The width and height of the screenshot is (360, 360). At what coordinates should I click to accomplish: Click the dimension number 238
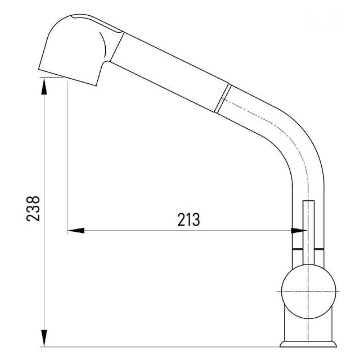pos(33,209)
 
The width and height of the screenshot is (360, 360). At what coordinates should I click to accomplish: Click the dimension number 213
pos(189,220)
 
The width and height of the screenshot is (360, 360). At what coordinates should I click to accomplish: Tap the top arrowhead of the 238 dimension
pos(44,86)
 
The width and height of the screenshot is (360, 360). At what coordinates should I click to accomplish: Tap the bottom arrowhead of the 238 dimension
pos(44,338)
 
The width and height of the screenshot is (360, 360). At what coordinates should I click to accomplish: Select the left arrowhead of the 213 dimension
pos(76,231)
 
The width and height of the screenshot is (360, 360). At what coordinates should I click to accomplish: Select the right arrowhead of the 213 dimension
pos(299,231)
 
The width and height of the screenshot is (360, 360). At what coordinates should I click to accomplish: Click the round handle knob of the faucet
pos(309,291)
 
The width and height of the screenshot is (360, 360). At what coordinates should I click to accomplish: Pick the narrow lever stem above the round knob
pos(309,232)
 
